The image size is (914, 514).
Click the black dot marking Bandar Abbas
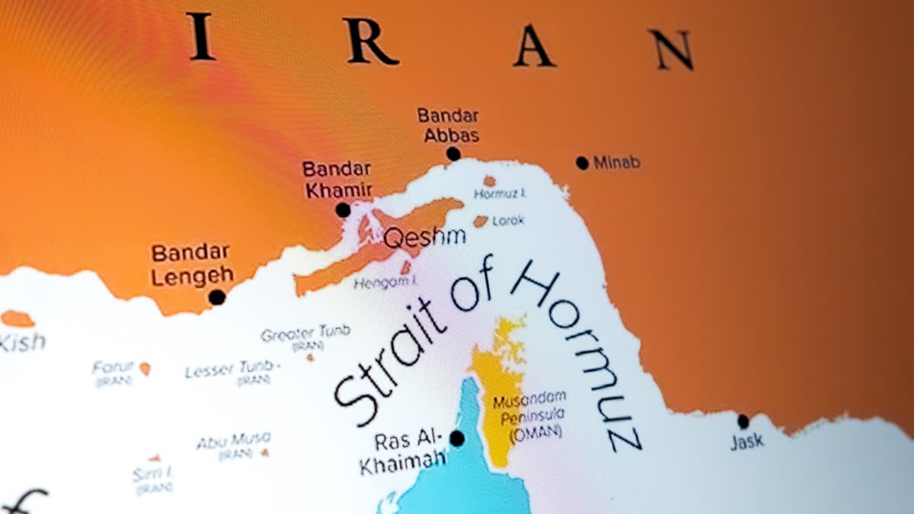pyautogui.click(x=453, y=154)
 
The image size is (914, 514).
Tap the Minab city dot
pyautogui.click(x=583, y=162)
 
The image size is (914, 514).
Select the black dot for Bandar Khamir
pyautogui.click(x=343, y=210)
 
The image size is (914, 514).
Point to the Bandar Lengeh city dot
pyautogui.click(x=217, y=297)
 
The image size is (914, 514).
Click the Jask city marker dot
pyautogui.click(x=743, y=422)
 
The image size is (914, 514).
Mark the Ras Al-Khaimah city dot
pyautogui.click(x=457, y=439)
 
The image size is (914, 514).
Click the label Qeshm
pyautogui.click(x=424, y=238)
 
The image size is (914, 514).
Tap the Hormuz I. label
pyautogui.click(x=500, y=194)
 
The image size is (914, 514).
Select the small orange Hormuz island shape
pyautogui.click(x=489, y=181)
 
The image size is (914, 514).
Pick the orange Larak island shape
pyautogui.click(x=481, y=221)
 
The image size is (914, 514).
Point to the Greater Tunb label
pyautogui.click(x=305, y=333)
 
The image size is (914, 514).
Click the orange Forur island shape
pyautogui.click(x=145, y=369)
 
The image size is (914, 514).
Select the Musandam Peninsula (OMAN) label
pyautogui.click(x=529, y=415)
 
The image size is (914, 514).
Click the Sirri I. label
pyautogui.click(x=152, y=474)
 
